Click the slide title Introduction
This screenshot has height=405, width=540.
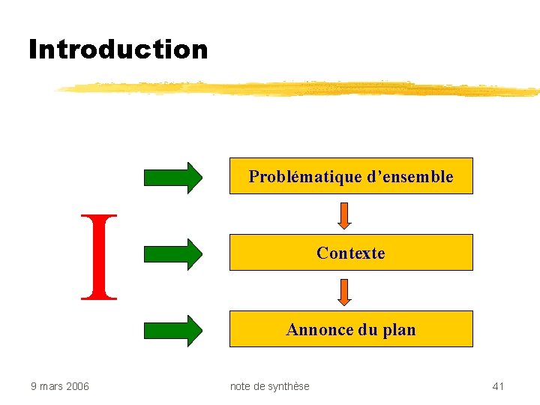click(x=118, y=49)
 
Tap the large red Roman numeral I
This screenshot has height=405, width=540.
click(x=100, y=256)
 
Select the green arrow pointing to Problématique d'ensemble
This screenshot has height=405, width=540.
click(x=173, y=177)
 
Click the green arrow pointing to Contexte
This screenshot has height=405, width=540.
click(x=173, y=253)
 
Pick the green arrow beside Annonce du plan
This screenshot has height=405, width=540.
click(x=173, y=330)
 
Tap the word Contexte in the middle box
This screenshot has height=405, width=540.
click(x=350, y=253)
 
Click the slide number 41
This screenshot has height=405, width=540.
click(x=498, y=386)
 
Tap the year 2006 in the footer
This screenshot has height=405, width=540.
click(x=77, y=386)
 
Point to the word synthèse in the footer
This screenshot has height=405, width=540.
click(x=289, y=386)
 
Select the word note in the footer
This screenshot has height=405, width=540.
click(x=241, y=386)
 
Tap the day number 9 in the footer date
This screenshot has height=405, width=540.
click(x=33, y=386)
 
